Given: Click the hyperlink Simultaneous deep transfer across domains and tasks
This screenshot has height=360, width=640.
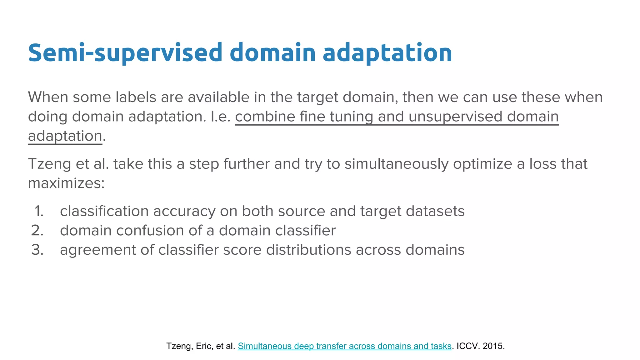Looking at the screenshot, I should pyautogui.click(x=344, y=346).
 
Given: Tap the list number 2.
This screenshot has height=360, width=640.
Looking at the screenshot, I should pyautogui.click(x=37, y=231).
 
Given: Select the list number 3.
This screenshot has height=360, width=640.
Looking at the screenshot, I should pyautogui.click(x=37, y=250).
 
